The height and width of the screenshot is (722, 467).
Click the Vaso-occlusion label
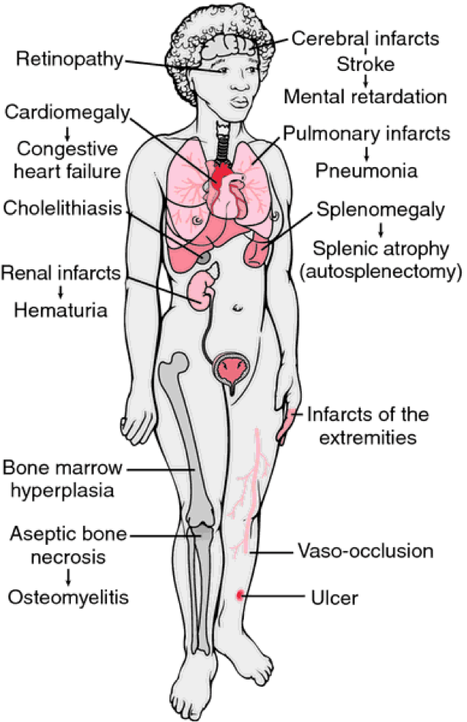[365, 551]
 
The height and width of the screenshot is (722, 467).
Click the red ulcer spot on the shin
[241, 594]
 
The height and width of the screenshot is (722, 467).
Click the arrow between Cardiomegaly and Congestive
[61, 131]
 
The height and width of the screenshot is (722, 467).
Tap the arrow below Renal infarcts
[61, 292]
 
